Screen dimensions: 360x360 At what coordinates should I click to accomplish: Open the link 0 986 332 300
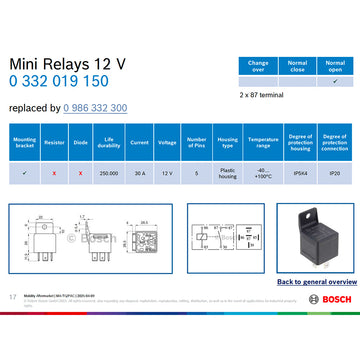tap(95, 107)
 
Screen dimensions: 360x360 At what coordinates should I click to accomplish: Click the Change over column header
tap(258, 65)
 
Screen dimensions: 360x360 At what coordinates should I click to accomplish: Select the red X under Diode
tap(81, 173)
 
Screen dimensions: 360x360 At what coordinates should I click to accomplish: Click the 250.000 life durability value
tap(110, 173)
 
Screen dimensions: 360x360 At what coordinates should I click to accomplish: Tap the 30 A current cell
tap(139, 173)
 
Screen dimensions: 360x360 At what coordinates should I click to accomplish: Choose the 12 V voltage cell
tap(168, 173)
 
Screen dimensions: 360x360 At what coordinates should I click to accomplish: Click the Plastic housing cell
tap(227, 173)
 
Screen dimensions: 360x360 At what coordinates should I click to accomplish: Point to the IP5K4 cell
tap(299, 173)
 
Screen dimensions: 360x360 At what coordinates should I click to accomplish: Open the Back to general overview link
tap(316, 282)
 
